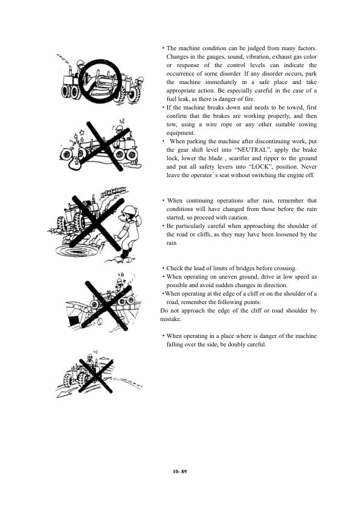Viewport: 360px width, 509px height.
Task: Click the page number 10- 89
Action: pos(179,472)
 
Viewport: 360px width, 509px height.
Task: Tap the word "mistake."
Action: pos(171,319)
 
